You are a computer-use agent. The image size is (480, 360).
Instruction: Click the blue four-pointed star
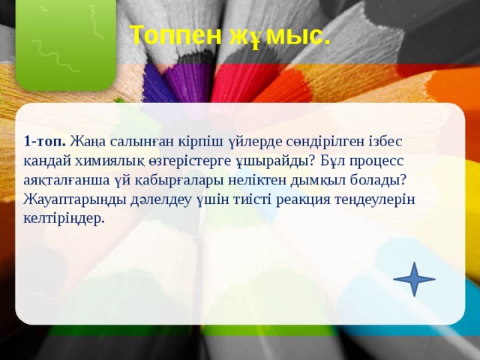tap(414, 279)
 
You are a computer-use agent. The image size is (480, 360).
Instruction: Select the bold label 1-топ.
tap(46, 142)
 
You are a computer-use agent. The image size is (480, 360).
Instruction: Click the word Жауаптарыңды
tap(70, 200)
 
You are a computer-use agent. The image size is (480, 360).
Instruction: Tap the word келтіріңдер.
tap(64, 219)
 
